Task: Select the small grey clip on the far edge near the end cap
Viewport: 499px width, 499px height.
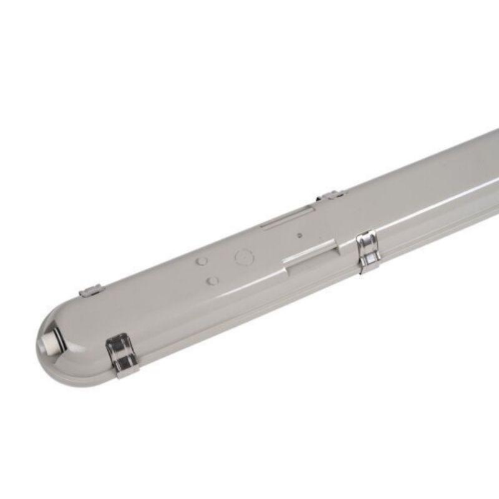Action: (x=92, y=289)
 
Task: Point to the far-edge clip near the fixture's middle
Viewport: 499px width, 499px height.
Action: (x=329, y=195)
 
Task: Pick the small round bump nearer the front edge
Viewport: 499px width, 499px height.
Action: (x=213, y=281)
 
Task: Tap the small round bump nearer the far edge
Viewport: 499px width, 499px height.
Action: (x=201, y=262)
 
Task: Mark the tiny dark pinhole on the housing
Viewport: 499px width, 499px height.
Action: (x=299, y=236)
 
